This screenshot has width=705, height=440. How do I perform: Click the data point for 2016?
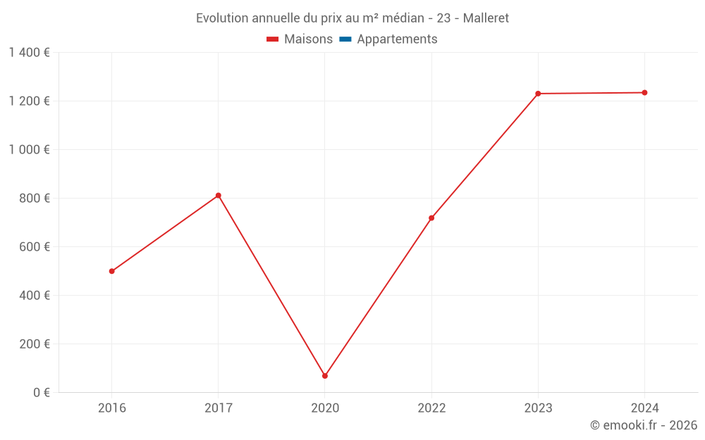tap(112, 271)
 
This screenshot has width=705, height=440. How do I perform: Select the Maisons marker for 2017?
tap(219, 195)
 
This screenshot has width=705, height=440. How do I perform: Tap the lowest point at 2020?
tap(325, 376)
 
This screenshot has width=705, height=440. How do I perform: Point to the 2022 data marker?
tap(431, 218)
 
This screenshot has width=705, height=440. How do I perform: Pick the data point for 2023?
tap(538, 94)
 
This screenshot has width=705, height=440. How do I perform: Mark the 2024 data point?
tap(644, 92)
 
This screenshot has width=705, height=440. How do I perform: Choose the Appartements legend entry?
tap(397, 39)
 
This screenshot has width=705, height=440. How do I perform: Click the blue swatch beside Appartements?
tap(345, 39)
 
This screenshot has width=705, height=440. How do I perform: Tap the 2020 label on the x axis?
tap(325, 408)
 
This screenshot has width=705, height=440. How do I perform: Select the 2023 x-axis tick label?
tap(538, 408)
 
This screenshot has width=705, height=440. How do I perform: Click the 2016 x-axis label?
tap(112, 408)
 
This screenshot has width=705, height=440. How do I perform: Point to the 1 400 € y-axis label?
tap(30, 53)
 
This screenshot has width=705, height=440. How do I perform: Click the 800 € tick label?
tap(35, 199)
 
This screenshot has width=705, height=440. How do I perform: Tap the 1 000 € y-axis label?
tap(30, 150)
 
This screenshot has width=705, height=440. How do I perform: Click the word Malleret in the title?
tap(486, 18)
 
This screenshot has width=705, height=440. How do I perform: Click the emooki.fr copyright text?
tap(644, 425)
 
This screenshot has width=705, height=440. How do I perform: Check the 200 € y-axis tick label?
tap(35, 344)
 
